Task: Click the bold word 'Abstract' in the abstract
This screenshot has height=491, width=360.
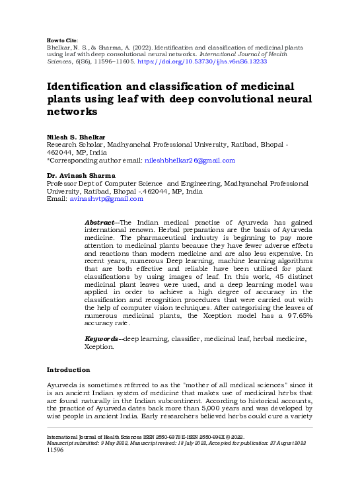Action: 100,222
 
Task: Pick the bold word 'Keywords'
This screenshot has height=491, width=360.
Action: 102,338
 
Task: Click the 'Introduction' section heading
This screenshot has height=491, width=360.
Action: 72,369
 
